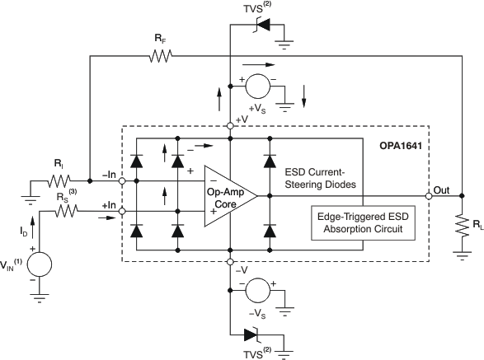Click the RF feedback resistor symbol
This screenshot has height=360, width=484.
[x=159, y=57]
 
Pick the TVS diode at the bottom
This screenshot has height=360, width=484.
[x=253, y=335]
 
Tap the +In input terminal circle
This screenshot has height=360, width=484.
[x=122, y=212]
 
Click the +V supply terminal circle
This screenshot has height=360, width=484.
[x=229, y=126]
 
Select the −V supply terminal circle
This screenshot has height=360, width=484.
[x=229, y=263]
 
